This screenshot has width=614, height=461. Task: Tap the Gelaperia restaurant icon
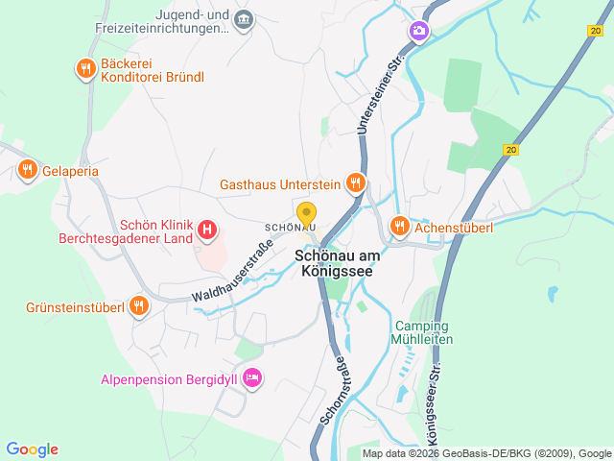pyautogui.click(x=27, y=170)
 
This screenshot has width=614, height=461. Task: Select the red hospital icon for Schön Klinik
pyautogui.click(x=206, y=230)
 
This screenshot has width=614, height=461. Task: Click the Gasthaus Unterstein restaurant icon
pyautogui.click(x=356, y=182)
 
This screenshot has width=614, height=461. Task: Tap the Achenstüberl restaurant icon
pyautogui.click(x=400, y=227)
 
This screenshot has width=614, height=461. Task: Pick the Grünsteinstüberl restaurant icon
pyautogui.click(x=139, y=307)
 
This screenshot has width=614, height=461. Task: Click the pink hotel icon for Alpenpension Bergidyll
pyautogui.click(x=252, y=379)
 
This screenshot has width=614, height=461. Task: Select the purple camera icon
pyautogui.click(x=419, y=32)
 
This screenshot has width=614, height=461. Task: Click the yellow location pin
pyautogui.click(x=306, y=215)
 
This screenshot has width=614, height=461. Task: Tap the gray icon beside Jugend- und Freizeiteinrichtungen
pyautogui.click(x=244, y=19)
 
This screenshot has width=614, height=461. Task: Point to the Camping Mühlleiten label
pyautogui.click(x=422, y=332)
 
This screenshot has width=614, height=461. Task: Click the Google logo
pyautogui.click(x=32, y=449)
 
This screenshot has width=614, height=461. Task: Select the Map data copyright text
pyautogui.click(x=486, y=453)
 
